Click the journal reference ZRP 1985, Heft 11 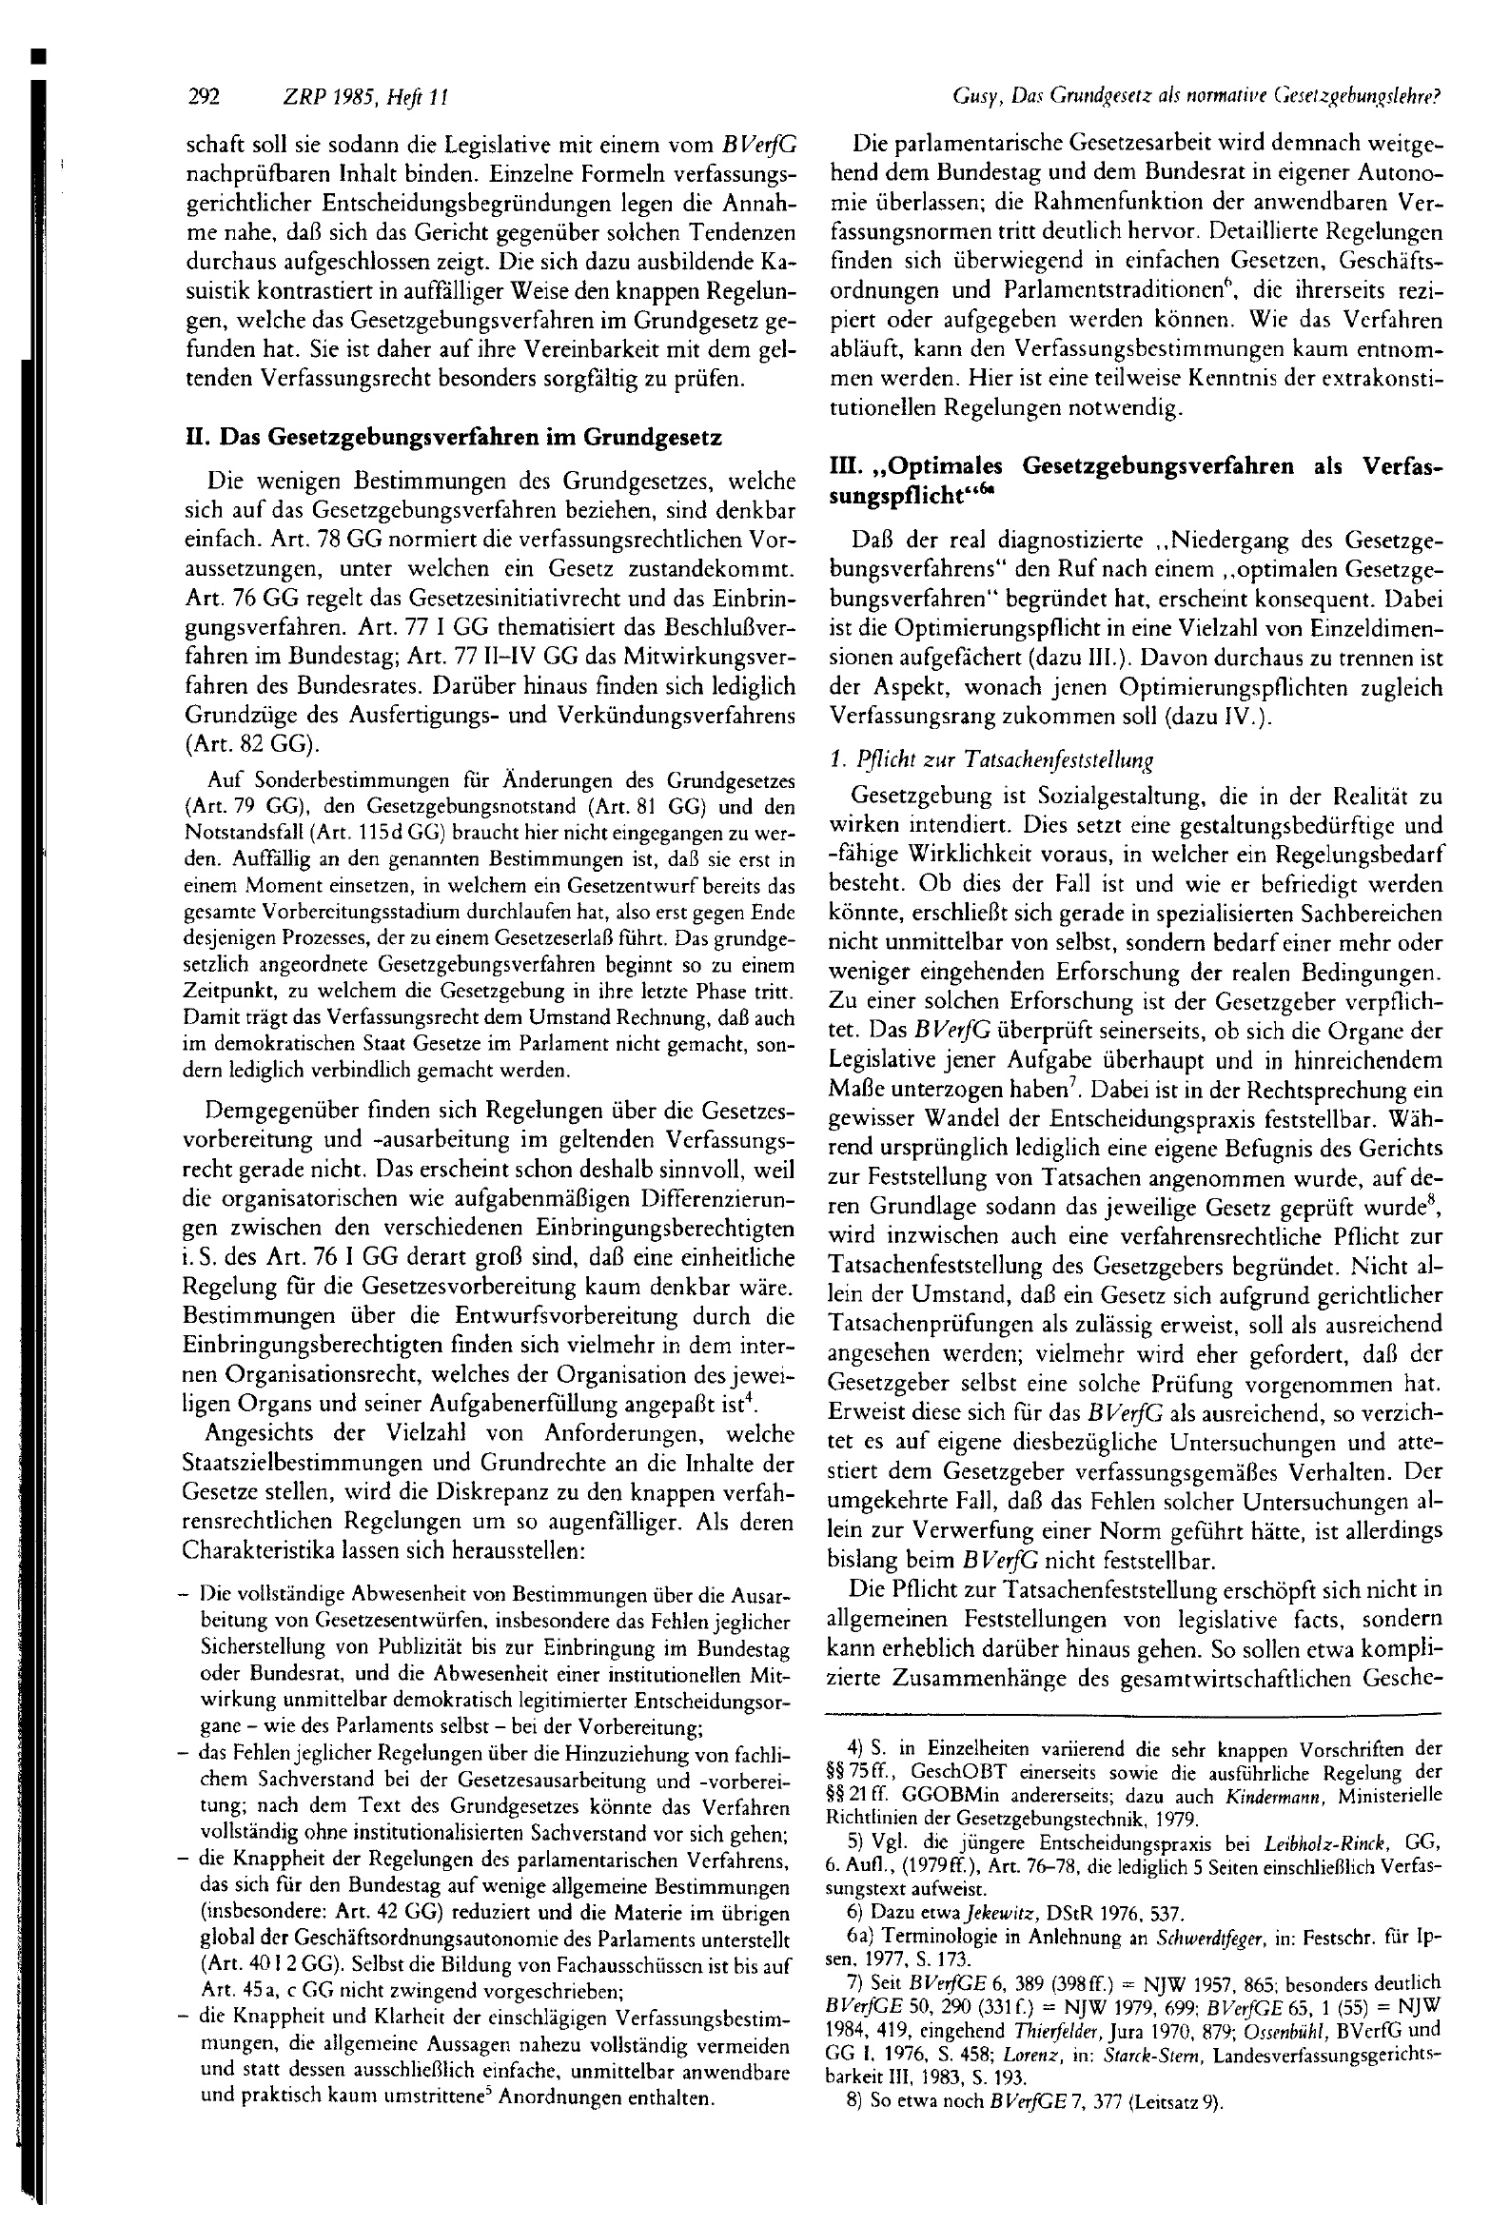coord(365,97)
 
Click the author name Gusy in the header coord(972,97)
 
